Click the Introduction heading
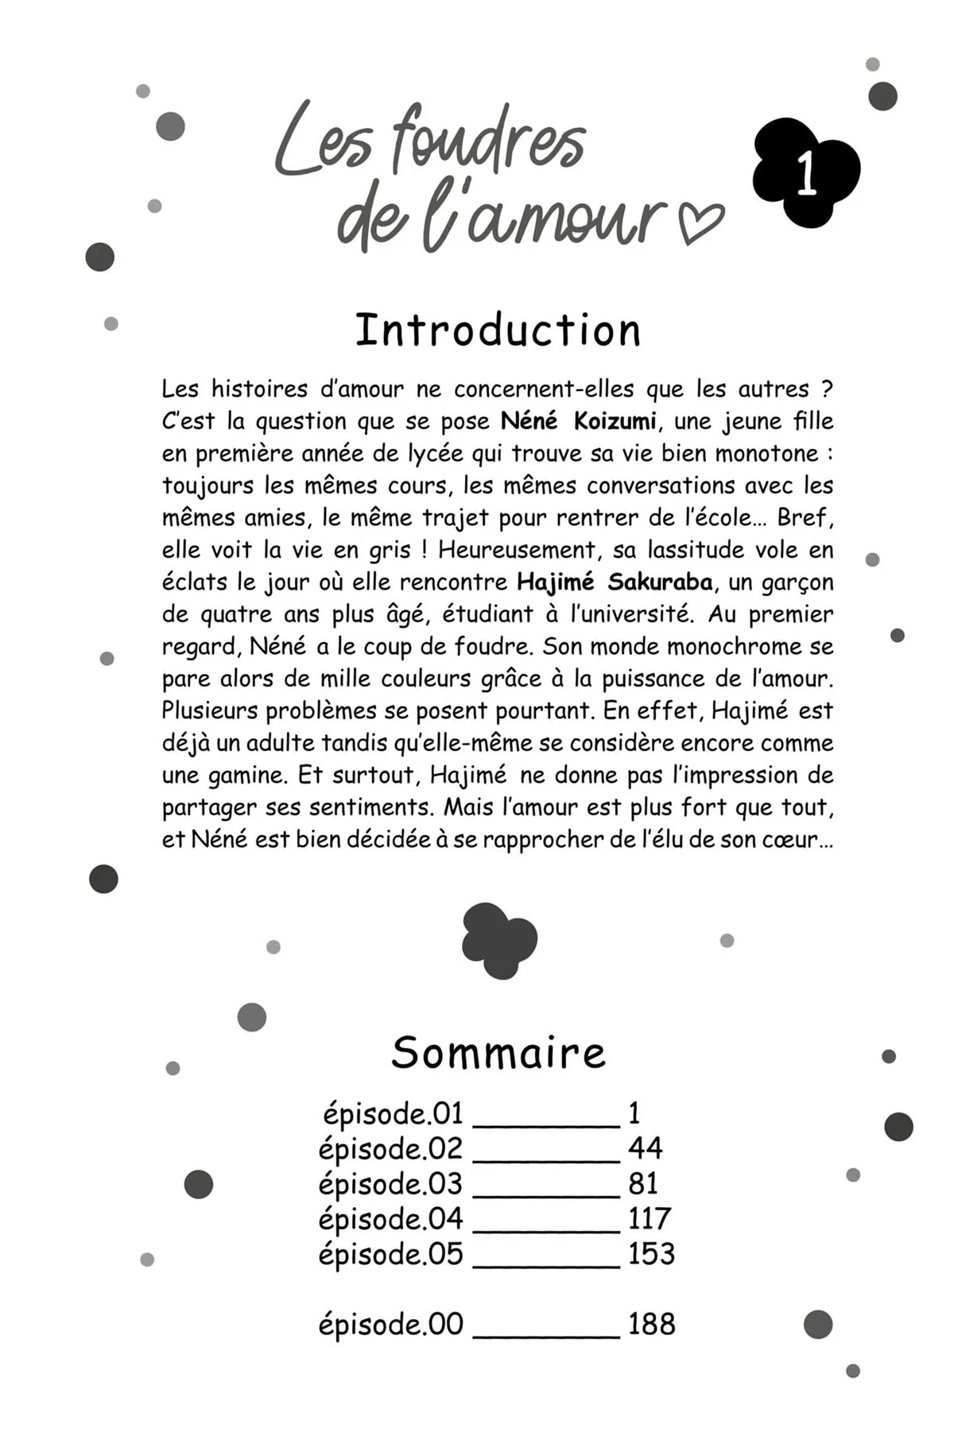[x=498, y=331]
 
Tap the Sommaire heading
[x=498, y=1053]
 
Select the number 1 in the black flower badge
[x=806, y=174]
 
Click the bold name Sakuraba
[x=660, y=582]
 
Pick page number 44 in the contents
[x=645, y=1148]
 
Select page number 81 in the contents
[x=643, y=1183]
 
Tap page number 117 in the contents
[x=650, y=1218]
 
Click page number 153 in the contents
[x=651, y=1253]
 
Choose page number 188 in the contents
[x=651, y=1324]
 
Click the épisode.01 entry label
[x=393, y=1113]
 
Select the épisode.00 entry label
[x=390, y=1324]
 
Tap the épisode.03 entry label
[x=390, y=1183]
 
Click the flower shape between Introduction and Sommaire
[x=499, y=941]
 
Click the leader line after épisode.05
[x=546, y=1264]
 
